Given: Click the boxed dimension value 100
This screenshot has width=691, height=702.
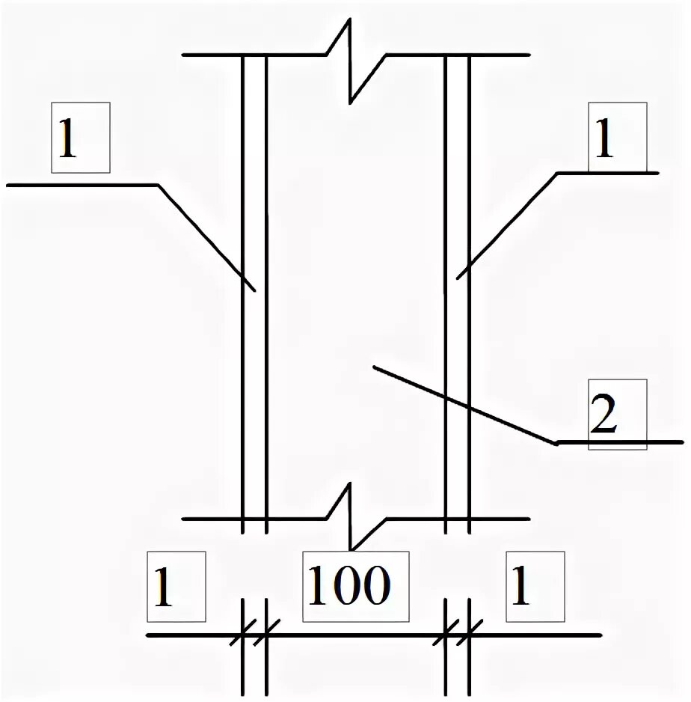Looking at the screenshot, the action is [x=348, y=587].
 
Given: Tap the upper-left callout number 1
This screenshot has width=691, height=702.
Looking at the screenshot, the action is [x=67, y=140].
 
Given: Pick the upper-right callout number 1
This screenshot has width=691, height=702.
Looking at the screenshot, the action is [x=603, y=140].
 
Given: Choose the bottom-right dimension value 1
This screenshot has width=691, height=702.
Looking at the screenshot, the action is [x=520, y=587].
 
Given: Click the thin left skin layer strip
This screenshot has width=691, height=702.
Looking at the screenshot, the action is [x=255, y=337].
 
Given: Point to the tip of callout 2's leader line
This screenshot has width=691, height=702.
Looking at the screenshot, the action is [x=373, y=367].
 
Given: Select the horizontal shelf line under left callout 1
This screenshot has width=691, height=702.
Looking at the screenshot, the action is [x=82, y=184].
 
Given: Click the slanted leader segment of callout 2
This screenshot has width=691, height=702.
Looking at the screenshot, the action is [x=464, y=405].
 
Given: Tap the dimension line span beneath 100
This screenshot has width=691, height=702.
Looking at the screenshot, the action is [x=351, y=635].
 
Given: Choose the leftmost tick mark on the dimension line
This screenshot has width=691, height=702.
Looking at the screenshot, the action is [x=242, y=635].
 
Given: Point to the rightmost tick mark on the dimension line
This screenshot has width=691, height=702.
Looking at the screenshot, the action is [x=469, y=635].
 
